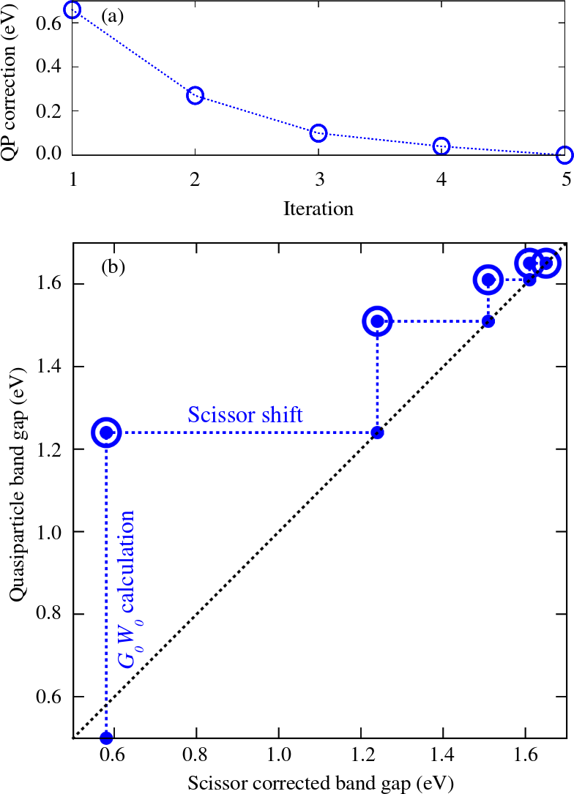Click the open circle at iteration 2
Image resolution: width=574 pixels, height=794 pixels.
195,96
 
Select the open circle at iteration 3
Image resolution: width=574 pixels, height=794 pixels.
318,132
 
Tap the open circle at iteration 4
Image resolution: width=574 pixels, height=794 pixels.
441,146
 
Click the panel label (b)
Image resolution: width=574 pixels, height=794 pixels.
113,266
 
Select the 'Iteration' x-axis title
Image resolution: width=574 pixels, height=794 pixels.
318,209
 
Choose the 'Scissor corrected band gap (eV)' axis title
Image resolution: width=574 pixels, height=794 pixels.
321,783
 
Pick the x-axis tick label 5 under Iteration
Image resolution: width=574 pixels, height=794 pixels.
564,179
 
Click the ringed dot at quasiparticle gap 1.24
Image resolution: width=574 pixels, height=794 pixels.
106,432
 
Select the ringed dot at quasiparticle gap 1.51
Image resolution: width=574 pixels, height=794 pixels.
377,321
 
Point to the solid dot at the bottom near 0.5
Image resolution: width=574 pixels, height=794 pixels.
106,737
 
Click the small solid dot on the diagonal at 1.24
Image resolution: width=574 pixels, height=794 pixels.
377,432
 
